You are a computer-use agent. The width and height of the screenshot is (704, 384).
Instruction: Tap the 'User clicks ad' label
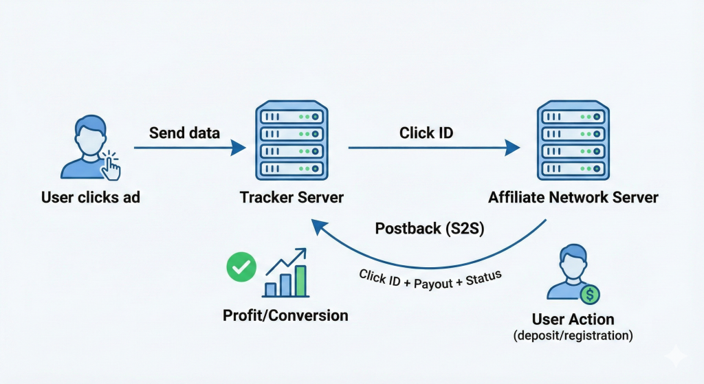[91, 198]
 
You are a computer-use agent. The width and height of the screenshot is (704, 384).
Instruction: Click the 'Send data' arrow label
[184, 133]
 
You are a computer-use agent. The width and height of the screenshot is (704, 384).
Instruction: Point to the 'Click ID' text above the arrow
[426, 133]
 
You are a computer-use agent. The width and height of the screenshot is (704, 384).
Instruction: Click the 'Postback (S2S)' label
[430, 229]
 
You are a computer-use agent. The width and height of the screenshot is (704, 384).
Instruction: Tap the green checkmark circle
[241, 267]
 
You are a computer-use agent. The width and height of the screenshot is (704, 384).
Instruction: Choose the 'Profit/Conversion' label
[285, 316]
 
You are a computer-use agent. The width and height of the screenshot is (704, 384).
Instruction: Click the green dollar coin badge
[589, 295]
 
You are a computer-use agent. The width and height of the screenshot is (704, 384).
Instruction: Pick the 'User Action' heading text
[573, 319]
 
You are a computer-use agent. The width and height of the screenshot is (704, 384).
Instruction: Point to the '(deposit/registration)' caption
[573, 337]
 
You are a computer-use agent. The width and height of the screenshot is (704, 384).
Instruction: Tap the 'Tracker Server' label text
[292, 198]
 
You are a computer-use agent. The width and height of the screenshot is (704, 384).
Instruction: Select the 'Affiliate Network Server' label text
[573, 198]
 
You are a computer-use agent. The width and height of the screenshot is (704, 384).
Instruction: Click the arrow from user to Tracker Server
[189, 147]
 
